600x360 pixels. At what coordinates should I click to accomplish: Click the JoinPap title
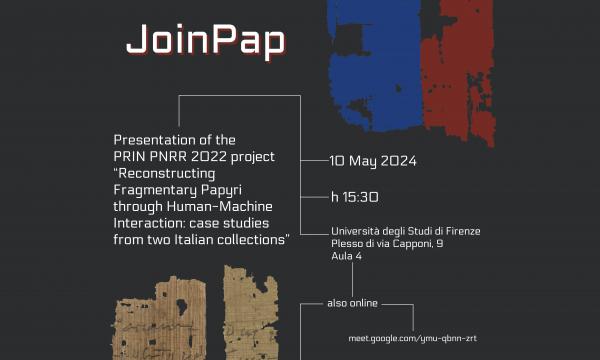[205, 39]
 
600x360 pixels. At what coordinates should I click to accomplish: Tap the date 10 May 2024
[373, 161]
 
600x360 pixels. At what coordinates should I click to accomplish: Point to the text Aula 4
[346, 257]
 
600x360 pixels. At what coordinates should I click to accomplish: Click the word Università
[358, 231]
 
